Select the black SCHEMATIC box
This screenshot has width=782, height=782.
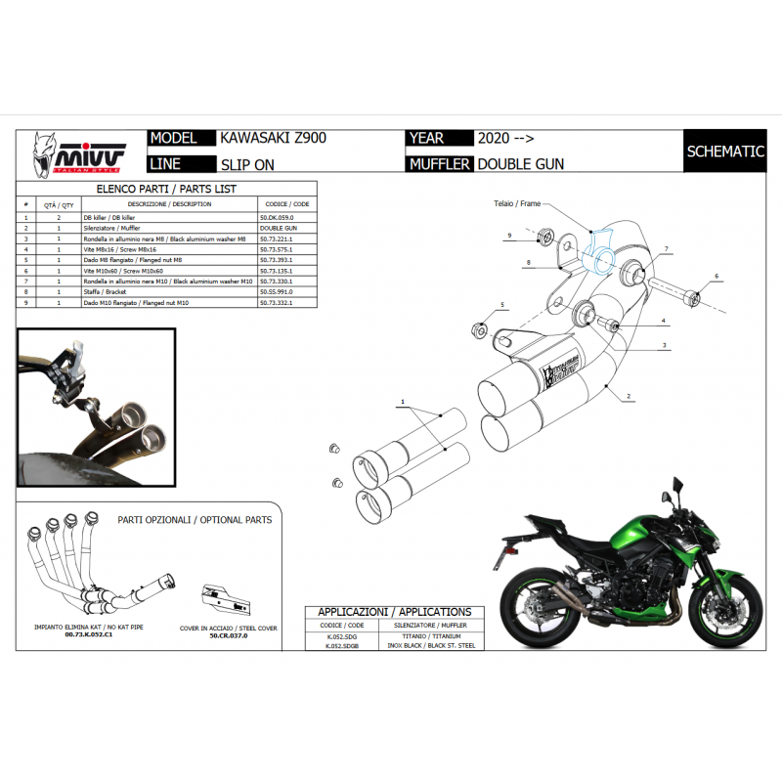(724, 152)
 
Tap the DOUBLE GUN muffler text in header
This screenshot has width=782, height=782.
(520, 164)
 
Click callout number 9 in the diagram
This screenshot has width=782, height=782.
(509, 237)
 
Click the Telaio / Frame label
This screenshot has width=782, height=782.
(516, 205)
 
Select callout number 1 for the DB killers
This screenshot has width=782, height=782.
(401, 402)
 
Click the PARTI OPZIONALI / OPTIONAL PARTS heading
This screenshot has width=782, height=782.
(195, 520)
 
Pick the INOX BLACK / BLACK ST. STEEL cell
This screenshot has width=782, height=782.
(431, 646)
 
